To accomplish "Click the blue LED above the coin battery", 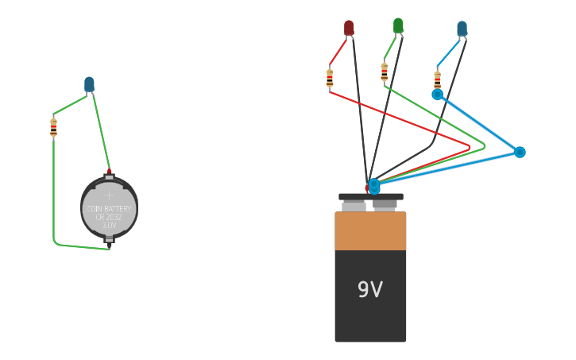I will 89,83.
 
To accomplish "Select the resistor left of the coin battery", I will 53,127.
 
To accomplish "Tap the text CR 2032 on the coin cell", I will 110,217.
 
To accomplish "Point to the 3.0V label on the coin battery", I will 110,226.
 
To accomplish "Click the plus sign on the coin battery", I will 110,194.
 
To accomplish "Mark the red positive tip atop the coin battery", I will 109,171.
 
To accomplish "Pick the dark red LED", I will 349,28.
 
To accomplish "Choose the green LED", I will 398,25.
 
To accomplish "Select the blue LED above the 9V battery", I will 462,29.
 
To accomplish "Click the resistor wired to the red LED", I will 330,78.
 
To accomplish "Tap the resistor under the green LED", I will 385,72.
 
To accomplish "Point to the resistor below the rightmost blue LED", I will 437,80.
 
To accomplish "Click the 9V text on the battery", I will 370,290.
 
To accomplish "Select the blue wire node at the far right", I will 520,152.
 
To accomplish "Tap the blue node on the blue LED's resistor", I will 437,95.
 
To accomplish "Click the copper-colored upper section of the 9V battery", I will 370,231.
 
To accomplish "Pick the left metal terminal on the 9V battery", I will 354,206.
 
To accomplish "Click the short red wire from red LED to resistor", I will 338,52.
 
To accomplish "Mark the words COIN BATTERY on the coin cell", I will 110,209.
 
